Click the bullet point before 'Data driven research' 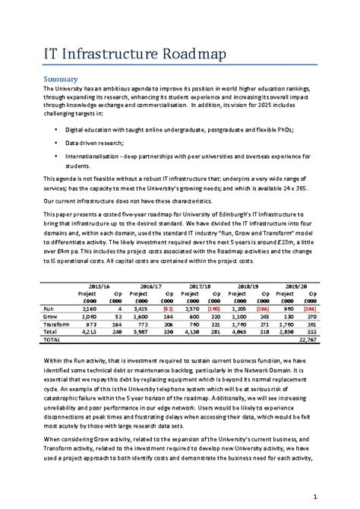pyautogui.click(x=56, y=142)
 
